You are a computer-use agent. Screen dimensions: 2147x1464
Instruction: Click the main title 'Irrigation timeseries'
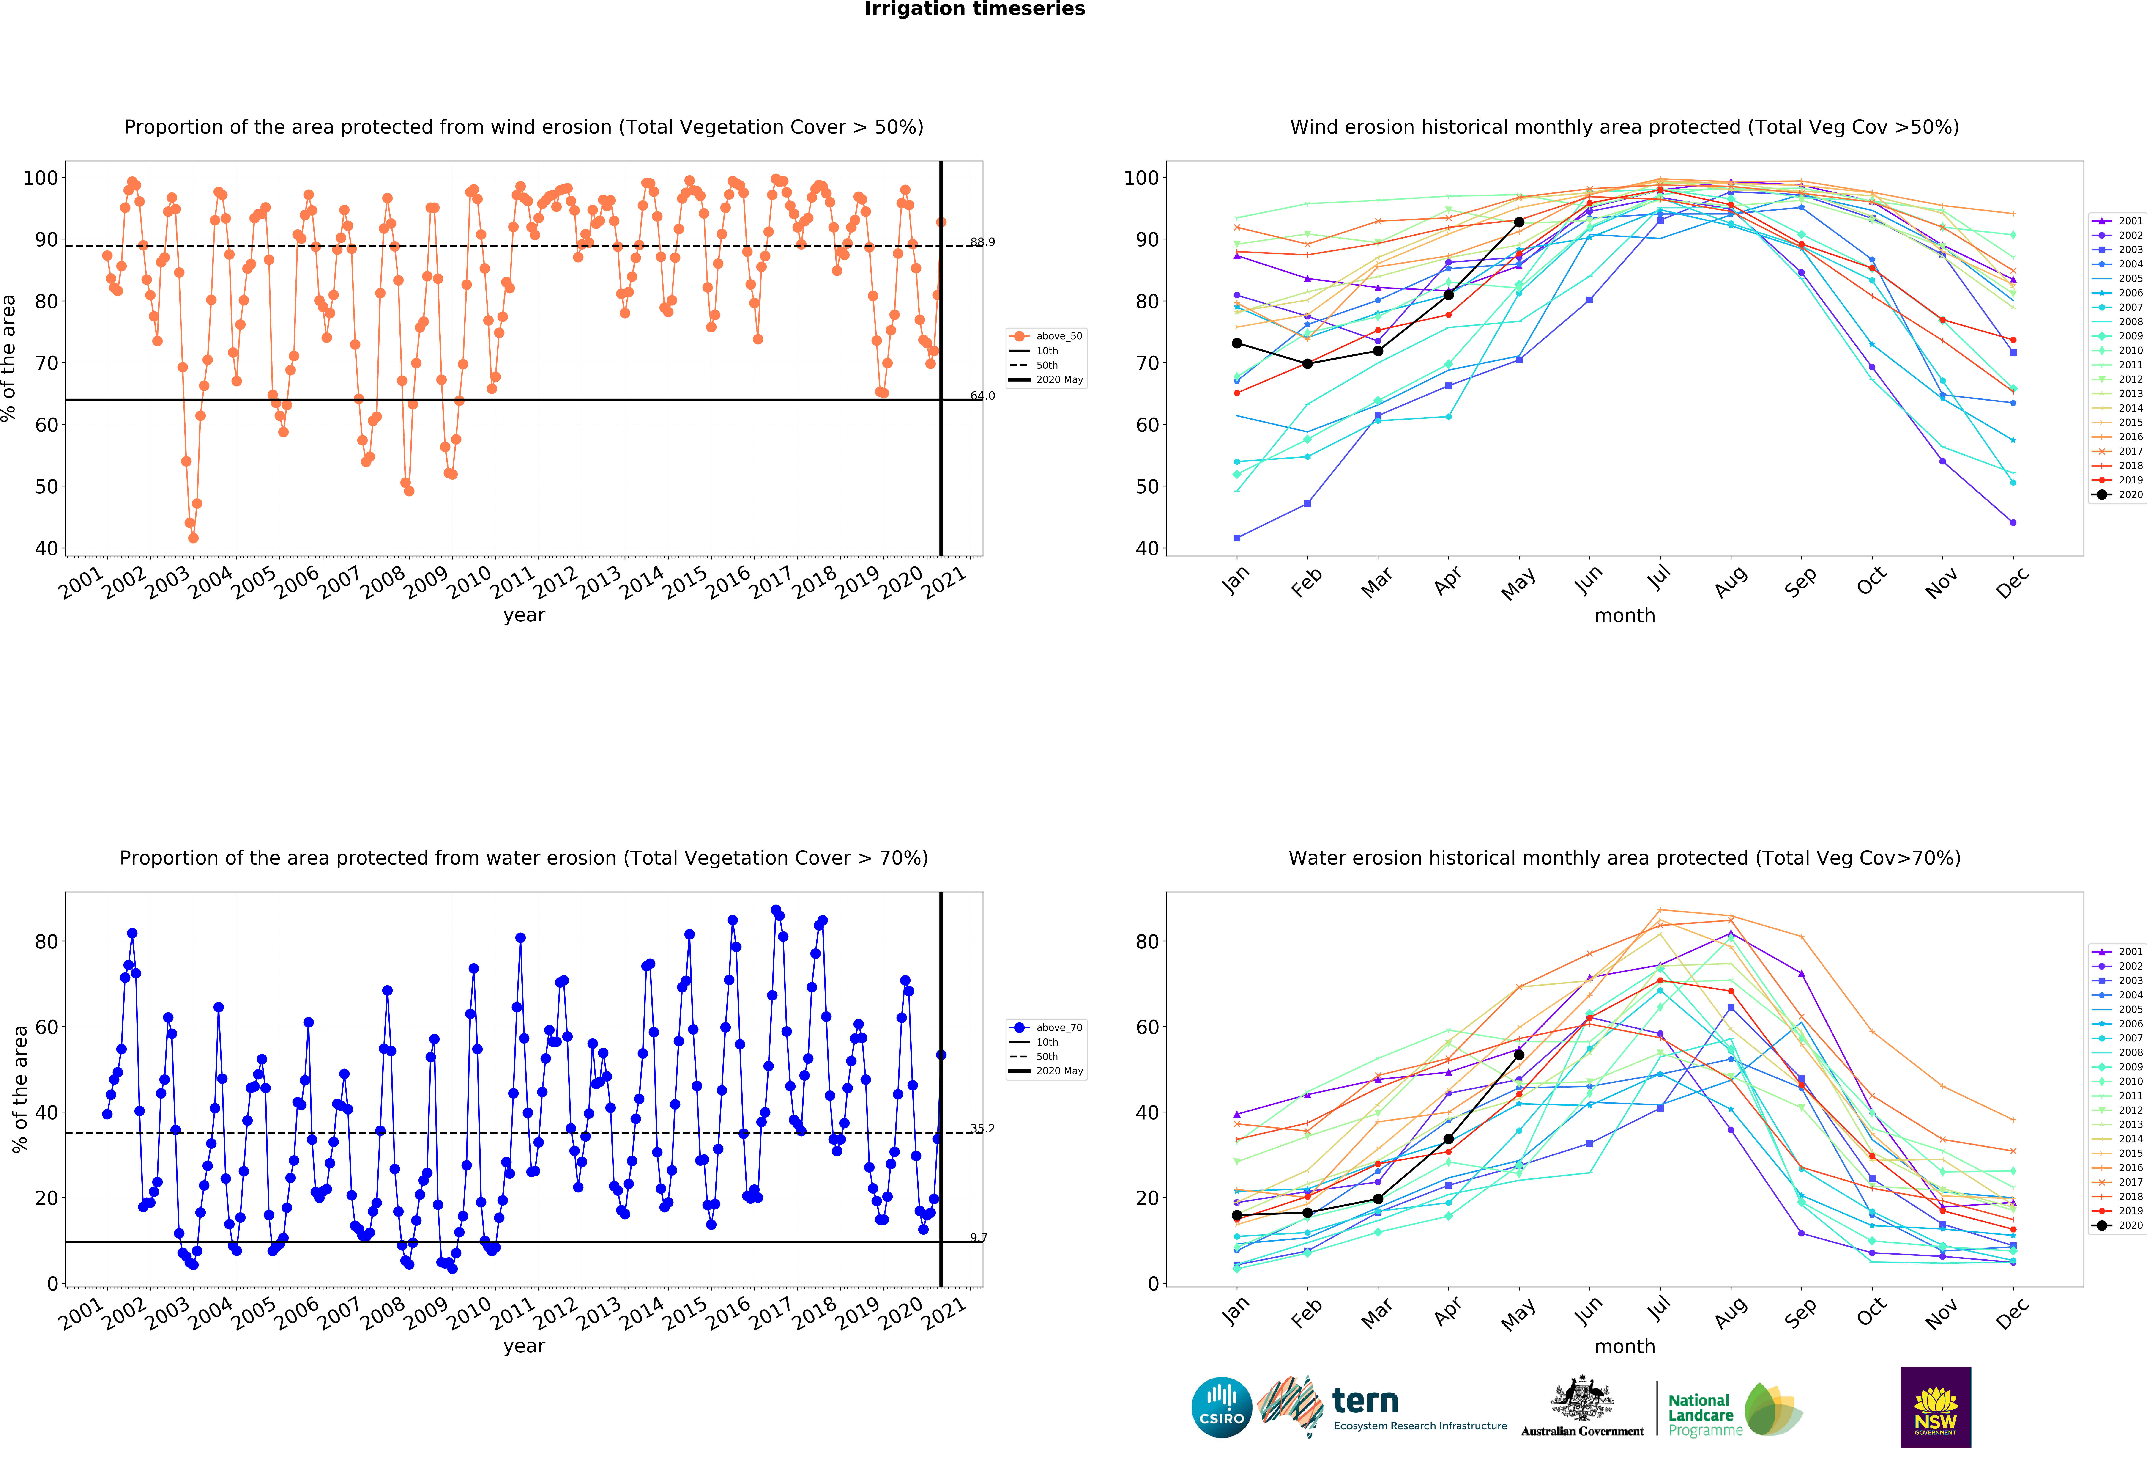[975, 9]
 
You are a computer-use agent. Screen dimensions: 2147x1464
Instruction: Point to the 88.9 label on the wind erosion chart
[982, 242]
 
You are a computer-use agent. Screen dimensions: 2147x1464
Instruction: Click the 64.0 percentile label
[982, 396]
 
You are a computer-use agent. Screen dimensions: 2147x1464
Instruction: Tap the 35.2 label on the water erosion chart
[982, 1129]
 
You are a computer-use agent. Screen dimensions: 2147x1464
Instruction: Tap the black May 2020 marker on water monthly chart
[1519, 1055]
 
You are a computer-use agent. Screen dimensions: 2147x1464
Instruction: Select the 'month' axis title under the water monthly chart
[1625, 1347]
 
